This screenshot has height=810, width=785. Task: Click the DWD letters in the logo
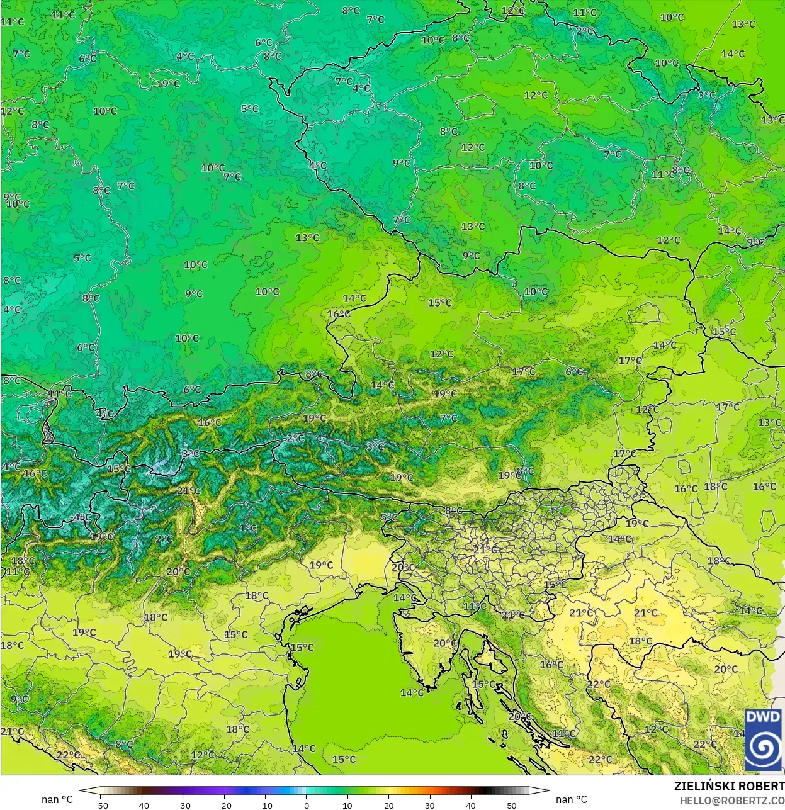coord(763,717)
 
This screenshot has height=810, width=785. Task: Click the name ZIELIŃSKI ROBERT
coord(729,787)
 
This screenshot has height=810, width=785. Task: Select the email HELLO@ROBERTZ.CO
coord(731,800)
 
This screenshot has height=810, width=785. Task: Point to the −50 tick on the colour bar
coord(101,805)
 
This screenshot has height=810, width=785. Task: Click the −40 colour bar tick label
coord(142,805)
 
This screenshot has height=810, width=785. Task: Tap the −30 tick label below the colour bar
coord(183,805)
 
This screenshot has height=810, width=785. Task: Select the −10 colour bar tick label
coord(265,805)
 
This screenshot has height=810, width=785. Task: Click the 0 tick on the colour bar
coord(307,805)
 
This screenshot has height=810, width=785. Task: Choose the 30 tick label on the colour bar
coord(429,805)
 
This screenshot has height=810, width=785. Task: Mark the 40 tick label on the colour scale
coord(470,805)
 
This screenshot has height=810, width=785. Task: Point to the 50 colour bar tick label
coord(511,805)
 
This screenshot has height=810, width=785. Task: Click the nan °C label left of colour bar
coord(57,799)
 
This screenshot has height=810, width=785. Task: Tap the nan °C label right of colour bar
coord(572,799)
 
